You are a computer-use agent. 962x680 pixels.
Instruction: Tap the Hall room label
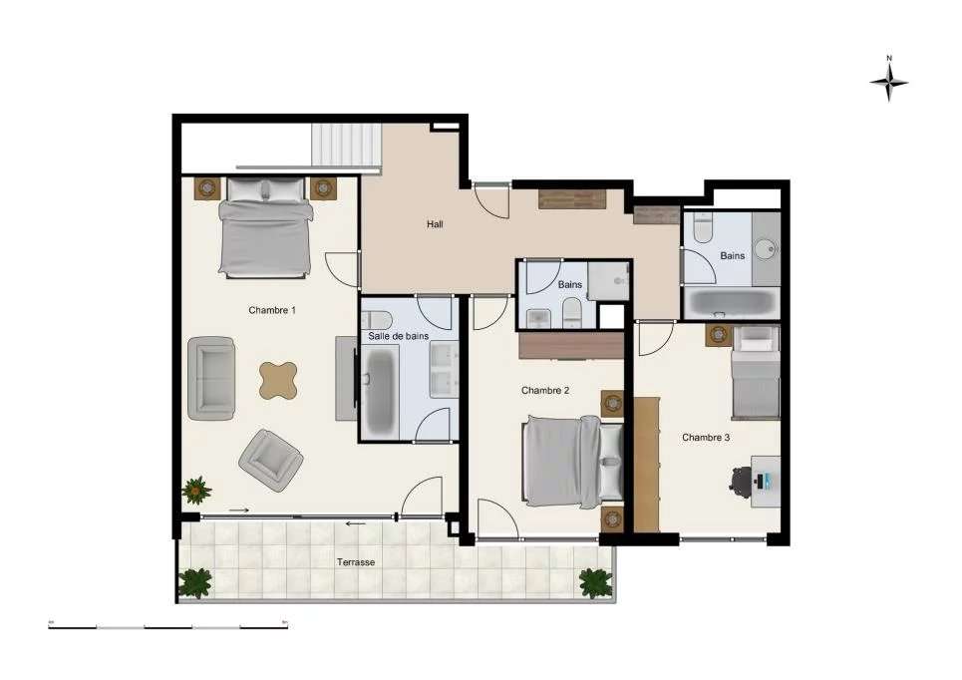pos(435,224)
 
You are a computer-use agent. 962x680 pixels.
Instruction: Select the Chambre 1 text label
pos(272,310)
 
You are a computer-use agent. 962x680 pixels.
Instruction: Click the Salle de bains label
pos(399,336)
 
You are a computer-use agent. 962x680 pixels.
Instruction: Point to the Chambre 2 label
pos(545,390)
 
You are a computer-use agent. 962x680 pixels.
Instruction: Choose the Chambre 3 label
pos(706,437)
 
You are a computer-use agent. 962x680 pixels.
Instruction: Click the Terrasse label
pos(356,562)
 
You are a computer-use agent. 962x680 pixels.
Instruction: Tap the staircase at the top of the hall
pos(347,148)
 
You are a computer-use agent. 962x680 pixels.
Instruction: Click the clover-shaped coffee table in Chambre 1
pos(278,380)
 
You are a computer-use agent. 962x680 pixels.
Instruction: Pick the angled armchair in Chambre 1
pos(269,458)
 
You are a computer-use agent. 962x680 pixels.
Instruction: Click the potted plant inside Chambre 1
pos(195,490)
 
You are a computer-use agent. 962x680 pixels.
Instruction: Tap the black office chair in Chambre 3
pos(743,481)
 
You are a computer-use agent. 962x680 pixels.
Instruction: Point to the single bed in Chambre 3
pos(755,372)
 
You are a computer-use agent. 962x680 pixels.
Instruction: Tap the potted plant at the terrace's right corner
pos(595,582)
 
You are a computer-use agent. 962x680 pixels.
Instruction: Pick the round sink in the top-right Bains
pos(766,248)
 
